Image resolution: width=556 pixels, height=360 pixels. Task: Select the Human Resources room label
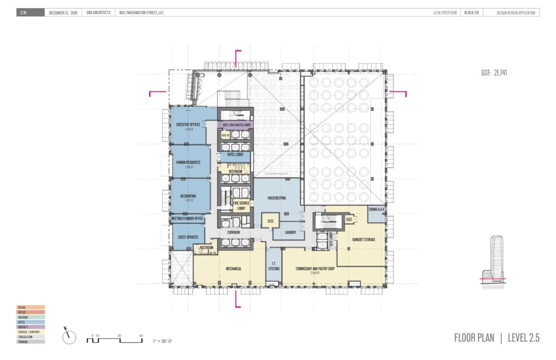pyautogui.click(x=188, y=162)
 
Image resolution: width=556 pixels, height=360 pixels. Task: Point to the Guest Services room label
pyautogui.click(x=188, y=237)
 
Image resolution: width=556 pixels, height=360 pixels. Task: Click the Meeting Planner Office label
pyautogui.click(x=187, y=219)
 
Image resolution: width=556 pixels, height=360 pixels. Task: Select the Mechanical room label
pyautogui.click(x=233, y=268)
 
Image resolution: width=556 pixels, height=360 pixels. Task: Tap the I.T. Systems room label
pyautogui.click(x=274, y=266)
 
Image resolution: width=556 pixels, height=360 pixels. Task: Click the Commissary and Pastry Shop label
pyautogui.click(x=314, y=269)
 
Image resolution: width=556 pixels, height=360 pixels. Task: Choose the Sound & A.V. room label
pyautogui.click(x=376, y=210)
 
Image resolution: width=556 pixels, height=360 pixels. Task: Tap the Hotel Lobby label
pyautogui.click(x=235, y=155)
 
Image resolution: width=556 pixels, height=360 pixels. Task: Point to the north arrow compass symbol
pyautogui.click(x=69, y=337)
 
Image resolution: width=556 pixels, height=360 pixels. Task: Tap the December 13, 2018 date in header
pyautogui.click(x=64, y=13)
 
